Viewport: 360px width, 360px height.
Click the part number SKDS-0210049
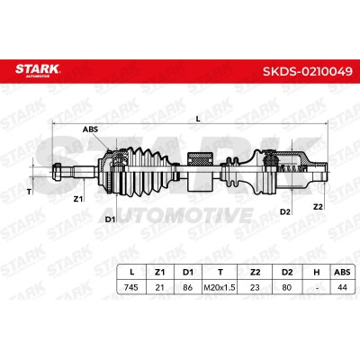tap(308, 72)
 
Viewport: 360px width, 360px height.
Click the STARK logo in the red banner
tap(38, 70)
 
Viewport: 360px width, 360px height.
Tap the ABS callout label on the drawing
tap(90, 130)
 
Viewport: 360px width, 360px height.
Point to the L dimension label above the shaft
tap(198, 119)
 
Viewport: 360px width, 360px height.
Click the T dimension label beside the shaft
tap(29, 192)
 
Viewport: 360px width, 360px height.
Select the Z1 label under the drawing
tap(78, 199)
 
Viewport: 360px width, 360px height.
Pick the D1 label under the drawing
tap(110, 220)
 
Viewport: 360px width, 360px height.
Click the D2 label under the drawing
tap(285, 211)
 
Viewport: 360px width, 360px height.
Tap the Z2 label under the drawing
tap(318, 206)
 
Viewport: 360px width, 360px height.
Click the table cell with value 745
tap(131, 287)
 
